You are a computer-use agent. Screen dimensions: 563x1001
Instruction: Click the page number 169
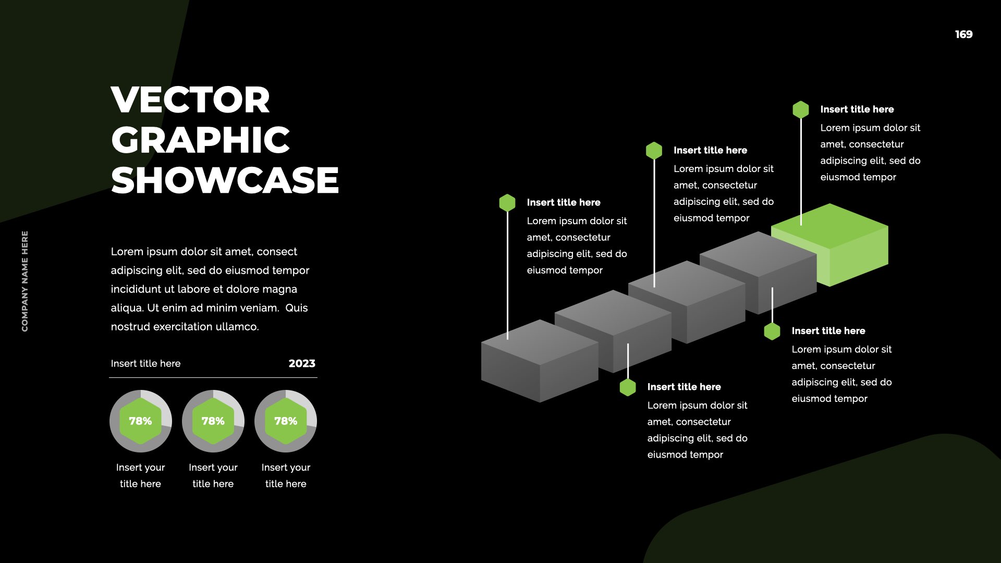pos(963,34)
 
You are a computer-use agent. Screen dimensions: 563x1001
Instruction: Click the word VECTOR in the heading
pos(190,100)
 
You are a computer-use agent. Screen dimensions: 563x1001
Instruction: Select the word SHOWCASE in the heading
pos(225,180)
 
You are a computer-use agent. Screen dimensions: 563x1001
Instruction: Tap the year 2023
pos(302,363)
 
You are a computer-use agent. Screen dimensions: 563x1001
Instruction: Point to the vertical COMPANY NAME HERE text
pos(25,281)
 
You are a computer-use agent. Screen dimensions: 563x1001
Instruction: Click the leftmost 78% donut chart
pos(140,421)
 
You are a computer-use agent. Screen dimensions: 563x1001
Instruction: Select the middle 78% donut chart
pos(213,421)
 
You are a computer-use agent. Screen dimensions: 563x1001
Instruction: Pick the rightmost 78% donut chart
pos(286,421)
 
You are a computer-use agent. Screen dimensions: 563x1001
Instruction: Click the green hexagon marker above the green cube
pos(801,109)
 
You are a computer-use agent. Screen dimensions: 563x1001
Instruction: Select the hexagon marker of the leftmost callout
pos(507,203)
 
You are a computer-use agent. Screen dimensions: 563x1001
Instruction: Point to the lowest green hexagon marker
pos(628,387)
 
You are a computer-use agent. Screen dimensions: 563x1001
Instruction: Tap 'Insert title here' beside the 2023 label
pos(145,363)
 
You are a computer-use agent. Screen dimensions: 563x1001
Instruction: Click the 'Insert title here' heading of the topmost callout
pos(857,109)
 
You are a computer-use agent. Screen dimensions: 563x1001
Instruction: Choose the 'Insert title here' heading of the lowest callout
pos(683,387)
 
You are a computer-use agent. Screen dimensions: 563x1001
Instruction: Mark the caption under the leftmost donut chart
pos(140,475)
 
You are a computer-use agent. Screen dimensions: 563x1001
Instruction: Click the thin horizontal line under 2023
pos(213,377)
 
